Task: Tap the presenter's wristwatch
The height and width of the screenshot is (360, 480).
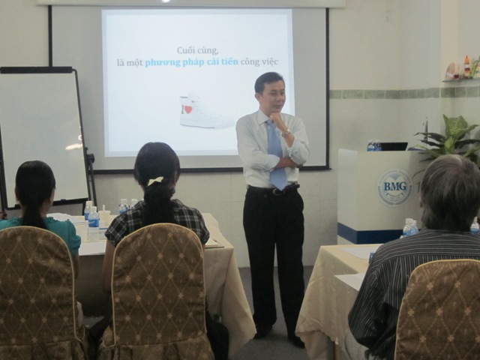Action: point(286,133)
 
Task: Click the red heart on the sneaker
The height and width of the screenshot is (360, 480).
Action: point(188,109)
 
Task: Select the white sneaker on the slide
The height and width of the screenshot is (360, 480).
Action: point(205,111)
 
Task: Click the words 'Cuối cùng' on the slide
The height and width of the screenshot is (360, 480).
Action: point(197,50)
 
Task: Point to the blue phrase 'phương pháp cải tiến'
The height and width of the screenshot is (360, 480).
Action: point(191,62)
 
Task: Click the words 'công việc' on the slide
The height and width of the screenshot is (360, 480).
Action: point(259,61)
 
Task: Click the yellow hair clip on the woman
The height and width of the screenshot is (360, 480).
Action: point(155,181)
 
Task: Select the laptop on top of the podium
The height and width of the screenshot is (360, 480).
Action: point(394,146)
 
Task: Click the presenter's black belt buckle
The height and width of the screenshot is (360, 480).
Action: point(276,191)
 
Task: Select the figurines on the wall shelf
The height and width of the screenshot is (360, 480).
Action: point(462,69)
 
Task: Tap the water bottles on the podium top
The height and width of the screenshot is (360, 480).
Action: point(373,145)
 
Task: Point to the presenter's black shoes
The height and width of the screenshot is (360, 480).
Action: point(279,336)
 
